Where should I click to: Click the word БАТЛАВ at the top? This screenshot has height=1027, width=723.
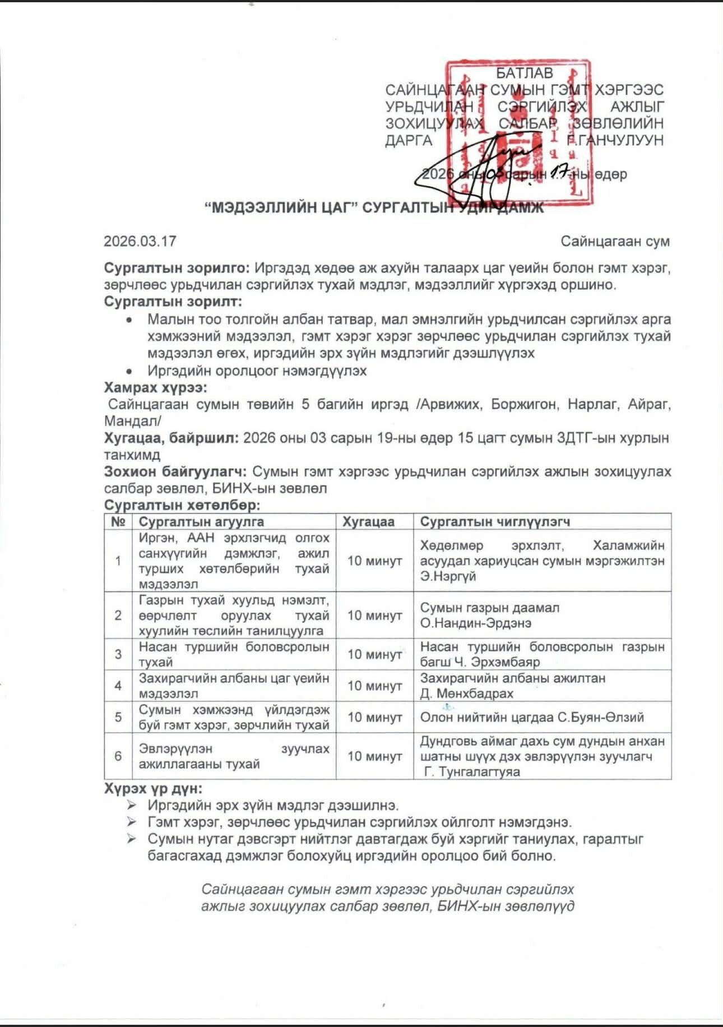point(525,73)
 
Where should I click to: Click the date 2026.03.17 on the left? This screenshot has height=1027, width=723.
point(140,241)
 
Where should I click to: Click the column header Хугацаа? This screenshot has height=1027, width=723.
point(368,522)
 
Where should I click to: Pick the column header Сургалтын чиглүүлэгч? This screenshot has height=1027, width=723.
point(495,522)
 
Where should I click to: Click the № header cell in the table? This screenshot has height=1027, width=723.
point(118,522)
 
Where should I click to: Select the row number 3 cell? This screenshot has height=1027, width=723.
point(118,654)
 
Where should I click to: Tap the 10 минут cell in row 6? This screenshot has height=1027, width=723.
point(374,756)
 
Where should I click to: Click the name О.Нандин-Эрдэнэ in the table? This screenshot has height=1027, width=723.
point(476,623)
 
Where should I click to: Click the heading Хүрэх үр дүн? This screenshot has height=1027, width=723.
point(153,788)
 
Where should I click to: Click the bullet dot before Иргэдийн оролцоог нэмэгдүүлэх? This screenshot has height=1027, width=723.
point(129,371)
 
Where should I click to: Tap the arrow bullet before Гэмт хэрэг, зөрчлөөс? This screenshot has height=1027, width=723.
point(132,822)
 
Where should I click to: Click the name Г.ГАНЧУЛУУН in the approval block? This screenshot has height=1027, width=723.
point(615,140)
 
